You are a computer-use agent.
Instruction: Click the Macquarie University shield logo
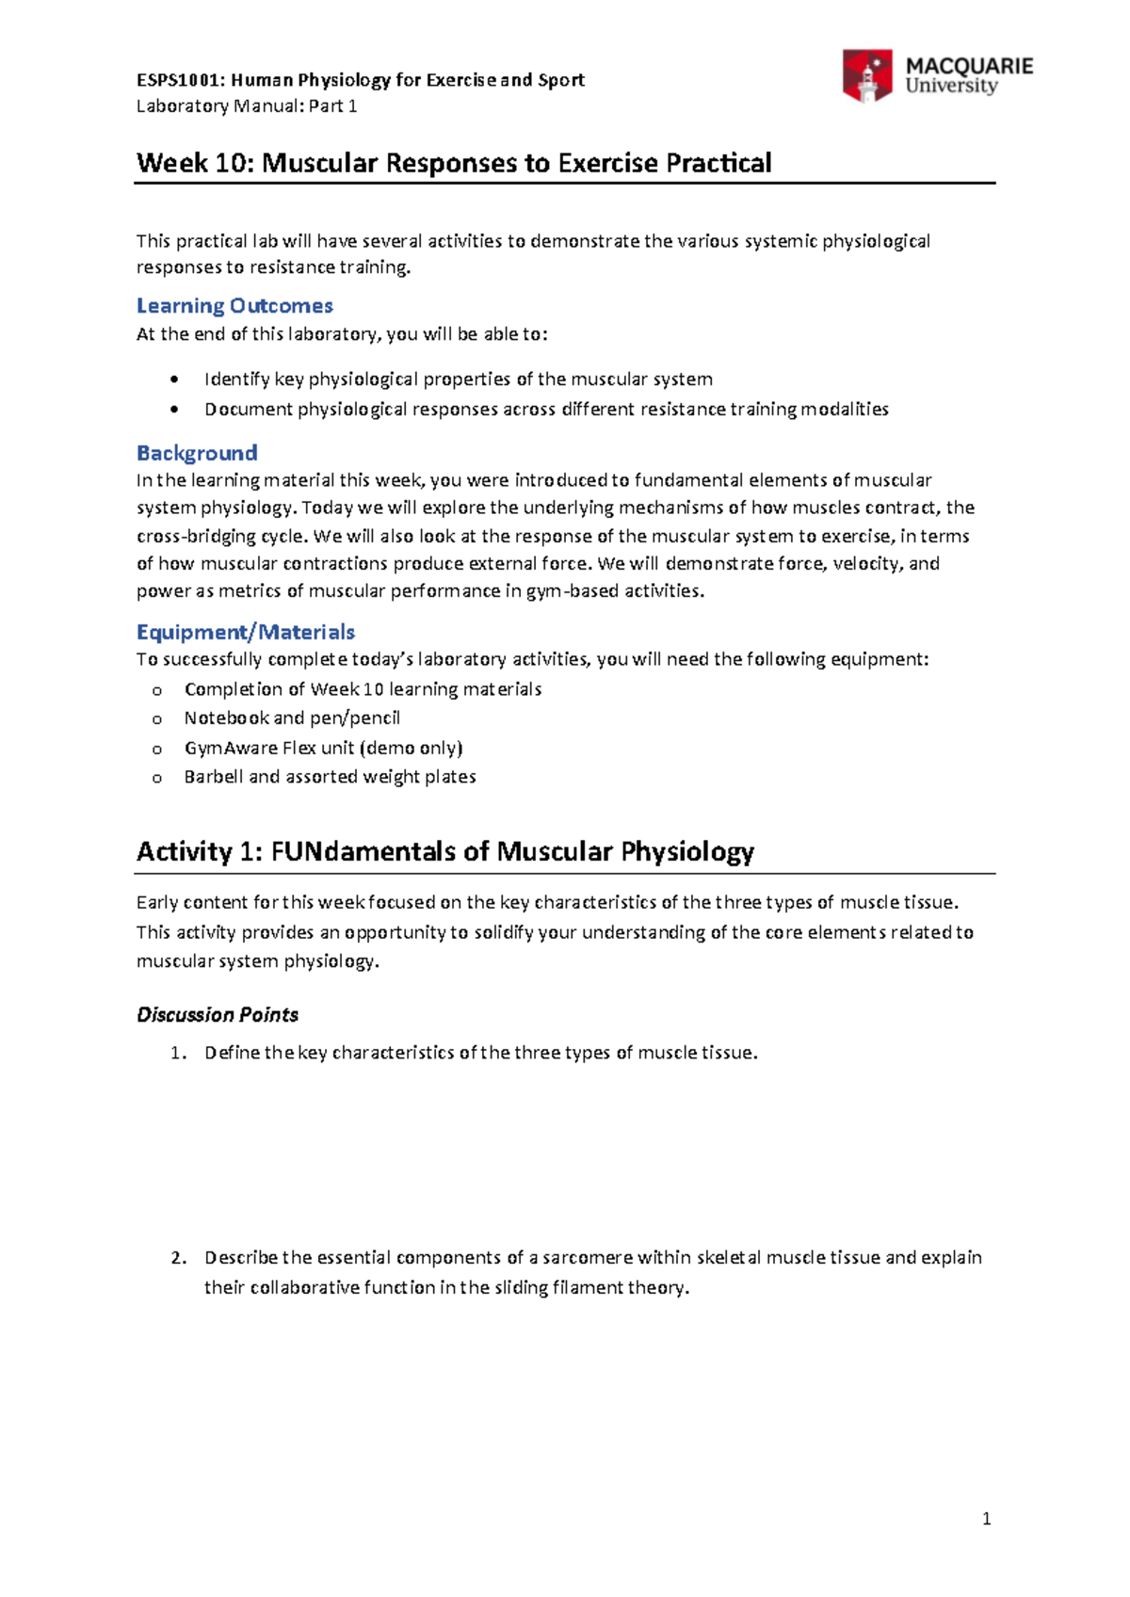coord(866,75)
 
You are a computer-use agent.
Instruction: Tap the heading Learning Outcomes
coord(234,306)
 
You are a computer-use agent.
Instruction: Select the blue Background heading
coord(197,453)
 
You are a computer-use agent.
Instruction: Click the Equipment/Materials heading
coord(246,632)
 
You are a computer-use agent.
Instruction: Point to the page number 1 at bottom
coord(986,1518)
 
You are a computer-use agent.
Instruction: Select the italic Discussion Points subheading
coord(218,1014)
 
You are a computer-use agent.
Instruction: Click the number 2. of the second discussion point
coord(179,1258)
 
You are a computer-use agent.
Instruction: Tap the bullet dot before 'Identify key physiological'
coord(173,379)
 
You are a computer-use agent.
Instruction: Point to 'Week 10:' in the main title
coord(195,163)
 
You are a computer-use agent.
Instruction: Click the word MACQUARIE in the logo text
coord(969,66)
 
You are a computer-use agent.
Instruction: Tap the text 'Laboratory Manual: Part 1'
coord(247,105)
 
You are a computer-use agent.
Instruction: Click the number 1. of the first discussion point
coord(179,1053)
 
